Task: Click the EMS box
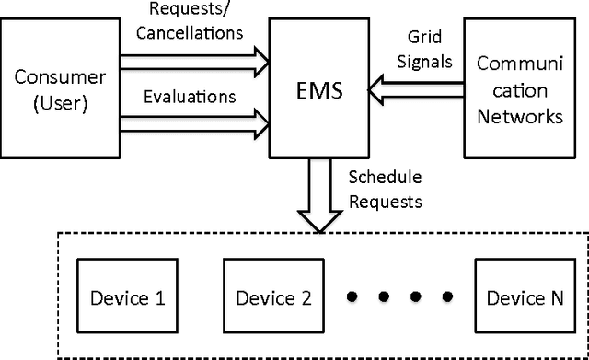323,91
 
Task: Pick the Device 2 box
273,297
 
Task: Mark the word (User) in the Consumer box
60,102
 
